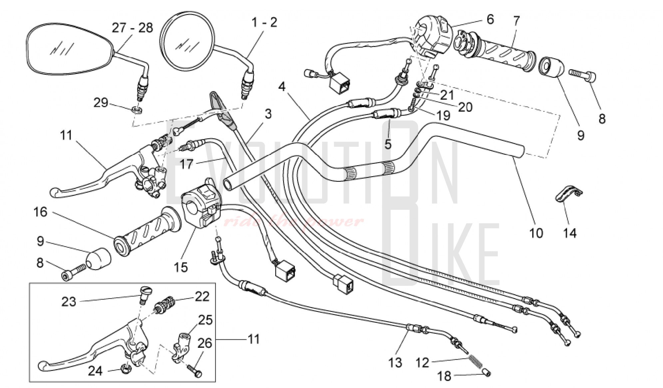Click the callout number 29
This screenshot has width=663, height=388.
coord(101,102)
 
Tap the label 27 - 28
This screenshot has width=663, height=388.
coord(132,28)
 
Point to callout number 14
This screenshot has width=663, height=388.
coord(570,233)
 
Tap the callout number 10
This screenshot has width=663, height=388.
coord(536,233)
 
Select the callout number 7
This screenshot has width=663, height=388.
coord(516,22)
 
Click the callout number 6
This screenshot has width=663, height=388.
coord(490,19)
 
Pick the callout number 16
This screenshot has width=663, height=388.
coord(41,212)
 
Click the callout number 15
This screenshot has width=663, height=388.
coord(181,267)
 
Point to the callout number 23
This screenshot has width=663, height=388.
coord(69,302)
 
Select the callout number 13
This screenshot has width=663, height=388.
coord(395,363)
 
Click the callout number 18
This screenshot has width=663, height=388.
coord(444,376)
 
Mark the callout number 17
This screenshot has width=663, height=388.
coord(187,164)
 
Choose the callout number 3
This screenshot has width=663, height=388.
coord(268,114)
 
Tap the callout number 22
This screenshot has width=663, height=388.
coord(202,296)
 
